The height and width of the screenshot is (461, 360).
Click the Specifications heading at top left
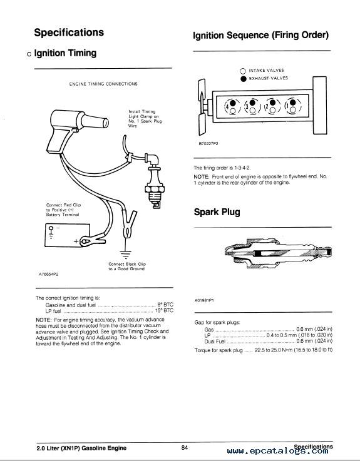coord(69,33)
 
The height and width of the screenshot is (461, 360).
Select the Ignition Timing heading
coord(65,53)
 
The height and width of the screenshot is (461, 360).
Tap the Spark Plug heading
coord(217,212)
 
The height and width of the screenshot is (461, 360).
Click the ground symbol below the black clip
coord(125,254)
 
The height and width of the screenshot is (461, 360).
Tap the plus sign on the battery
coord(76,241)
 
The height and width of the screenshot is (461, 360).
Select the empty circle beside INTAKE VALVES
coord(243,71)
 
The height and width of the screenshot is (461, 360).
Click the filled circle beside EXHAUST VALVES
coord(244,79)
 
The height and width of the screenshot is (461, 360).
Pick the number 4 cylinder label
coord(227,107)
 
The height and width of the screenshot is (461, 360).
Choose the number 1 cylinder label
coord(287,106)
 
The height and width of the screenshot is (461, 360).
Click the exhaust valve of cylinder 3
coord(253,103)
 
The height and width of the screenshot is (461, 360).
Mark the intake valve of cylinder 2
coord(272,110)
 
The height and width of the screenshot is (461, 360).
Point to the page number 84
coord(185,448)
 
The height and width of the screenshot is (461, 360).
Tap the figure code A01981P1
coord(204,300)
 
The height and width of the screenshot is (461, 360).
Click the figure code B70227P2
coord(208,144)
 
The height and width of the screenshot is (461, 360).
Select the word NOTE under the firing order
coord(202,176)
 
